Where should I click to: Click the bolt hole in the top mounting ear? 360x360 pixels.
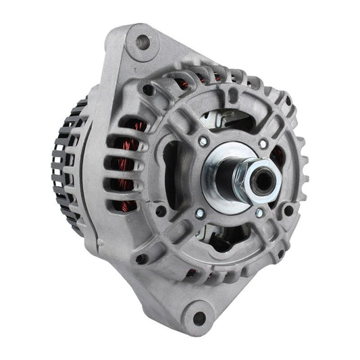click(x=141, y=42)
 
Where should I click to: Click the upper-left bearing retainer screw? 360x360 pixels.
click(x=203, y=141)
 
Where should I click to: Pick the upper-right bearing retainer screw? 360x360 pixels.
click(x=262, y=144)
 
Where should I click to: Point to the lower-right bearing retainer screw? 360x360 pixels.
click(x=259, y=213)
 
